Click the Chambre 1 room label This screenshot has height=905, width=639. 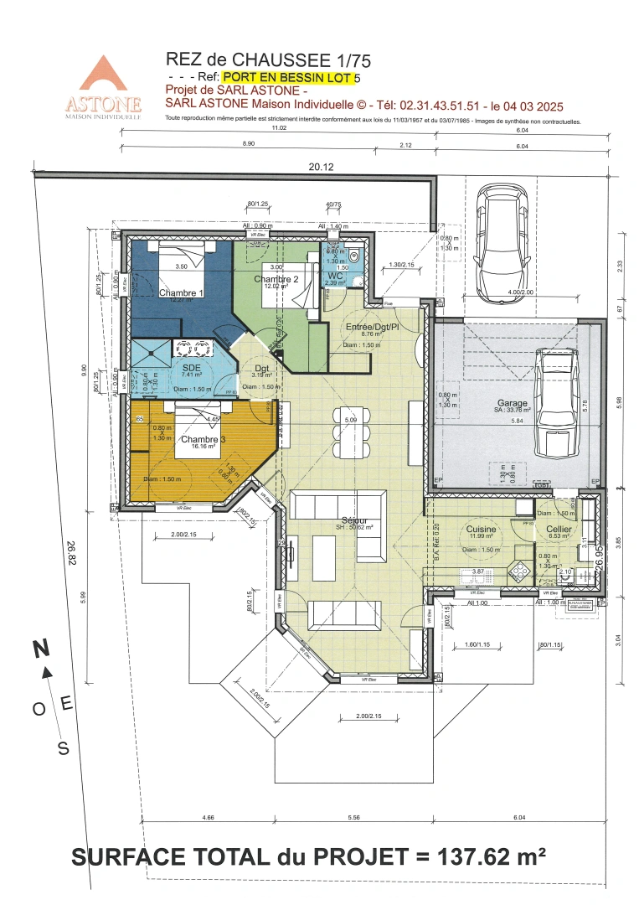pyautogui.click(x=181, y=292)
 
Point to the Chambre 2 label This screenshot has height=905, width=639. pyautogui.click(x=276, y=279)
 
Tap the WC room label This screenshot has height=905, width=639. pyautogui.click(x=335, y=275)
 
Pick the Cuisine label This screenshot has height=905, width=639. pyautogui.click(x=481, y=530)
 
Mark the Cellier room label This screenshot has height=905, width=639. pyautogui.click(x=559, y=530)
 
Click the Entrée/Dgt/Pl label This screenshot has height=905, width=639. pyautogui.click(x=371, y=325)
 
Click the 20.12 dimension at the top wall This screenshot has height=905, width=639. pyautogui.click(x=321, y=167)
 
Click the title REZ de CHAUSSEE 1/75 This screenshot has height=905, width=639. pyautogui.click(x=268, y=59)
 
